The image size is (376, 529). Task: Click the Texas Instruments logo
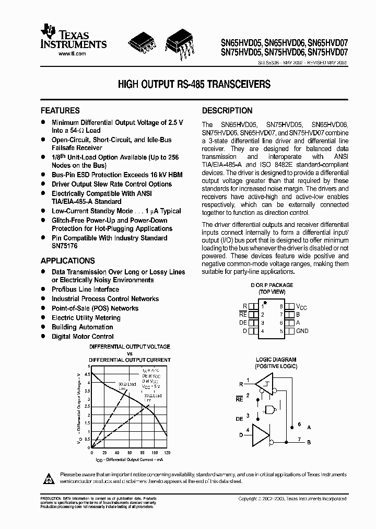[x=73, y=38]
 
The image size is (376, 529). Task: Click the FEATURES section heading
[x=60, y=111]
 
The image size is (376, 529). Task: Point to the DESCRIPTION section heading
[x=227, y=111]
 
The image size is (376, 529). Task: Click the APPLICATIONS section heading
[x=68, y=261]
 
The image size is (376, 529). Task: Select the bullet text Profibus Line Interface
[x=85, y=290]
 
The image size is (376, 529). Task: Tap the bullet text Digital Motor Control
[x=83, y=337]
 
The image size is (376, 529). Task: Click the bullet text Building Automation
[x=82, y=327]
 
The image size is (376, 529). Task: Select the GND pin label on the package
[x=302, y=331]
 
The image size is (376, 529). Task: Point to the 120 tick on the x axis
[x=167, y=453]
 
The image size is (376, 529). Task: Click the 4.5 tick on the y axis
[x=87, y=374]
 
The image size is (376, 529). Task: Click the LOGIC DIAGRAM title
[x=276, y=360]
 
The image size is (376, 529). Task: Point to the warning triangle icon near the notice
[x=49, y=478]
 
